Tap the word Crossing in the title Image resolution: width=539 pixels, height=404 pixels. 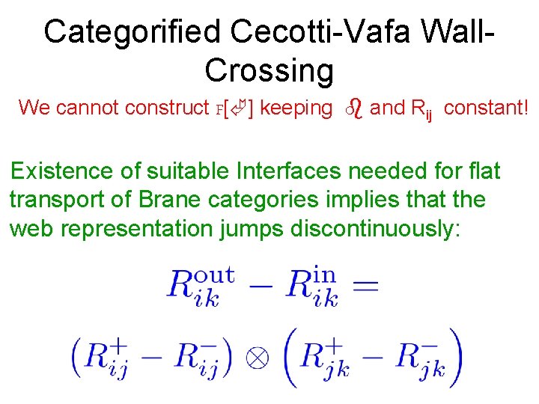[x=269, y=70]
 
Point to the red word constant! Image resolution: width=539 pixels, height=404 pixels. [x=485, y=108]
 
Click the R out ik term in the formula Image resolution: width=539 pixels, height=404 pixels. [x=200, y=286]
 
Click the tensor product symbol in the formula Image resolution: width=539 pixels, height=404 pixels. [x=257, y=357]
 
